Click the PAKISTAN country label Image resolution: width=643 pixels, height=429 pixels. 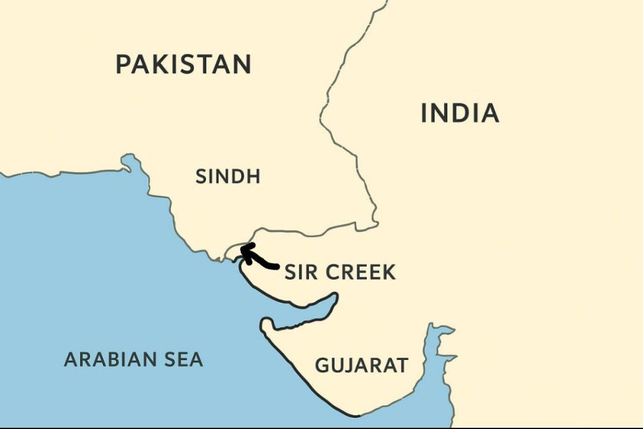coord(183,65)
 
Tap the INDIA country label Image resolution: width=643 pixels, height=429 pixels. coord(460,114)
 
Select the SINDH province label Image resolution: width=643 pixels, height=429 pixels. coord(227,176)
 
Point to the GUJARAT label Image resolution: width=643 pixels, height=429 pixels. coord(361,365)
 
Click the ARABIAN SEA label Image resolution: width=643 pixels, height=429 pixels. coord(133,359)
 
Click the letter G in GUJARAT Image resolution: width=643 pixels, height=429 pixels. coord(322,365)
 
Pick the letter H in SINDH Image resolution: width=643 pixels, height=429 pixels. coord(253,176)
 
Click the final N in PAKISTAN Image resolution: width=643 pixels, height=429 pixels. coord(241,65)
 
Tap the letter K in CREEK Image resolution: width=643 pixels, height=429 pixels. coord(389,273)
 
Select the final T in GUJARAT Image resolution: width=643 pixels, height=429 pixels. coord(402,365)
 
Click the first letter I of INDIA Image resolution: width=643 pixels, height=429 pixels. coord(424,114)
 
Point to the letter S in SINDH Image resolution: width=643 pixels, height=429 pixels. coord(201,176)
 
